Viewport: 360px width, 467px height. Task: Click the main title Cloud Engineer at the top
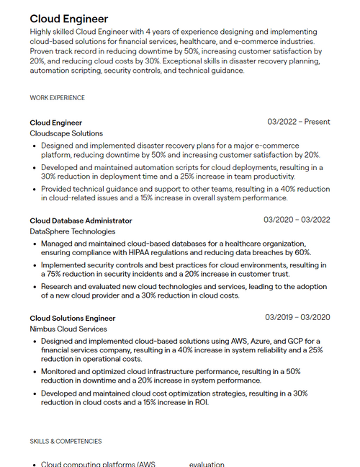point(69,19)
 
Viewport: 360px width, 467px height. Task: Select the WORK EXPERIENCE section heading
point(57,98)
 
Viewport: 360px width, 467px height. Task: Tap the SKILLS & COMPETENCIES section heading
point(66,441)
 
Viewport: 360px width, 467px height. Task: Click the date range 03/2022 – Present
point(298,122)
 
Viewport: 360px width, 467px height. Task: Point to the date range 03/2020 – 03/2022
point(297,220)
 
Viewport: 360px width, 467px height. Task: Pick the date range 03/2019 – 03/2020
point(297,317)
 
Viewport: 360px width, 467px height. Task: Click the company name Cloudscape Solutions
point(66,133)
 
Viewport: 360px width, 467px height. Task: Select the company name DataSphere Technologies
point(72,231)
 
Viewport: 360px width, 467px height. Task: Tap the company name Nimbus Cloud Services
point(68,329)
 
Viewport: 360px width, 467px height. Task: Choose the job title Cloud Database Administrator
point(81,221)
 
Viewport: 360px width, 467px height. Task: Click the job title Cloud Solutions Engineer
point(72,318)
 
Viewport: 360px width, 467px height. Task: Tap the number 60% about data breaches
point(302,253)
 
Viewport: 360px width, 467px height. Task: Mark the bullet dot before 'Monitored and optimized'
point(34,372)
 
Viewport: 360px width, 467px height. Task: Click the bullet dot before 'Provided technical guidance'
point(34,189)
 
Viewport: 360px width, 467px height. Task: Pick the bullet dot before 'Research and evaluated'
point(34,287)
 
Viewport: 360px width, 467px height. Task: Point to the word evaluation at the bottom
point(207,464)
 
